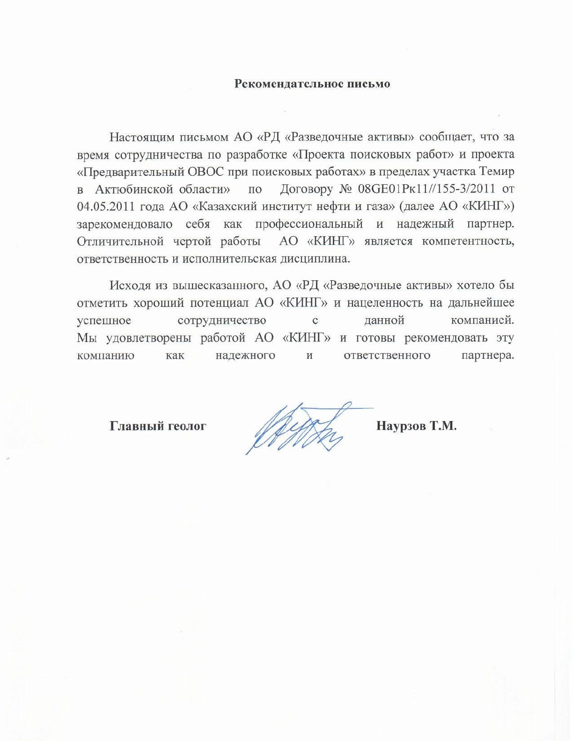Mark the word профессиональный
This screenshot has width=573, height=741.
[309, 224]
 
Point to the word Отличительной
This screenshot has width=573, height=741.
[120, 241]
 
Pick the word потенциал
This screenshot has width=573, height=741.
[220, 303]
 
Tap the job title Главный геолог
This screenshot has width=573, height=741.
[158, 426]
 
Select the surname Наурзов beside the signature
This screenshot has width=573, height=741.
[401, 426]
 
